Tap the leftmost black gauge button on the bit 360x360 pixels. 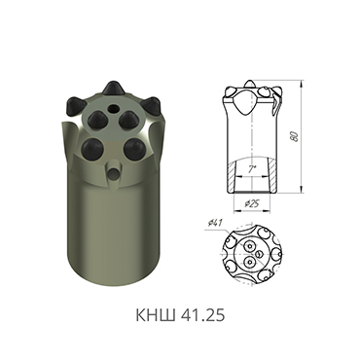pos(72,103)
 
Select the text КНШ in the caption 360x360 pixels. pos(149,316)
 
